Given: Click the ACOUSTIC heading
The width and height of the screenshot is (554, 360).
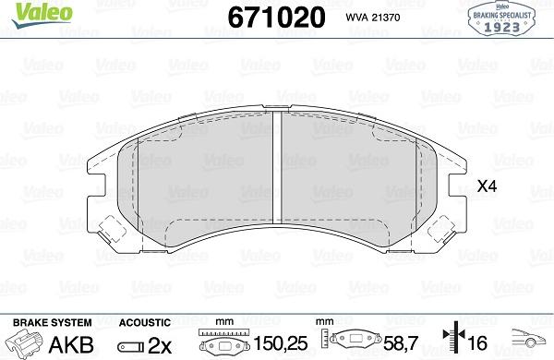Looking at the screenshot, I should tap(145, 322).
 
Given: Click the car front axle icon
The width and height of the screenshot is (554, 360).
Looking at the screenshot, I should tap(530, 340).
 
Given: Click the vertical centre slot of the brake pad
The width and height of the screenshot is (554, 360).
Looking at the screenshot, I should tap(278, 170).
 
